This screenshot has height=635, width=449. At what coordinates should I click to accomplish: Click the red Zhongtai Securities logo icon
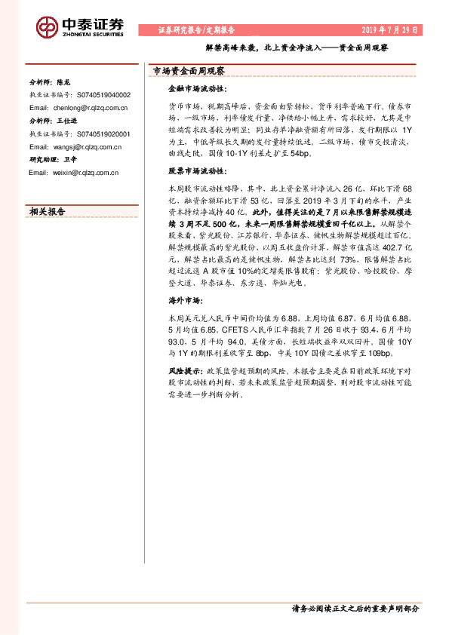pyautogui.click(x=48, y=28)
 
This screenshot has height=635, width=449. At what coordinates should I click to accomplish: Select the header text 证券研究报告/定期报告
pyautogui.click(x=196, y=29)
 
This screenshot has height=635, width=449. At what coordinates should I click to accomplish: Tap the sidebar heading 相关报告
pyautogui.click(x=47, y=211)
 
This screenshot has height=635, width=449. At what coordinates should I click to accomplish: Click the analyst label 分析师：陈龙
pyautogui.click(x=48, y=82)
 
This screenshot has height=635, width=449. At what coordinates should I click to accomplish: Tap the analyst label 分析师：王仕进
pyautogui.click(x=50, y=121)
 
